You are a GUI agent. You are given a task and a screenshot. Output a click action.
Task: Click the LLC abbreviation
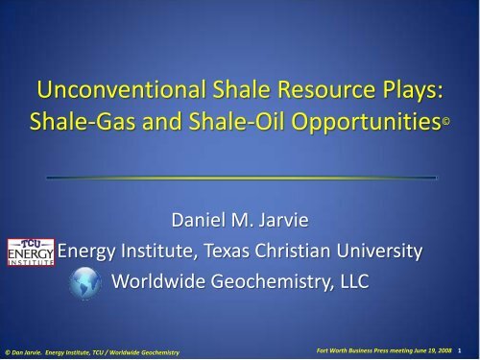(367, 283)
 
